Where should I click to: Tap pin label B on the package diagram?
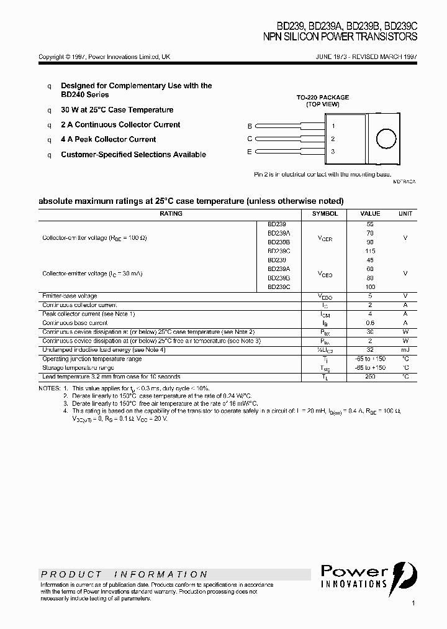(250, 126)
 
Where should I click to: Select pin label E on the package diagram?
(250, 152)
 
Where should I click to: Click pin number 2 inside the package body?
(333, 139)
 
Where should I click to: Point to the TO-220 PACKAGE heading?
(322, 98)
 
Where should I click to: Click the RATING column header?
(171, 214)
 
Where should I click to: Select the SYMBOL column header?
(325, 214)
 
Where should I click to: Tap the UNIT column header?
(405, 214)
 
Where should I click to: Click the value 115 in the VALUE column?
(371, 250)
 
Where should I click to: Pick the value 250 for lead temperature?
(371, 377)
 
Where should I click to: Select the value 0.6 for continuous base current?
(371, 323)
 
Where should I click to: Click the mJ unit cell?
(405, 350)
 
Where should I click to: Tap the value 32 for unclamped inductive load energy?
(371, 350)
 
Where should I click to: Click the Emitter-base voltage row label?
(70, 296)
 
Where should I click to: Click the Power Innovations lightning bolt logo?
(403, 573)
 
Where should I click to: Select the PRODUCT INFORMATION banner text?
(124, 574)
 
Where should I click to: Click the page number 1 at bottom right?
(413, 603)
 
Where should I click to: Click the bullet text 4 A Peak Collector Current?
(108, 140)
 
